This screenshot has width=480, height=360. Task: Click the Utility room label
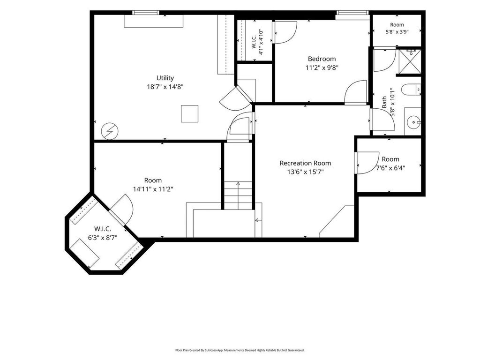coord(165,78)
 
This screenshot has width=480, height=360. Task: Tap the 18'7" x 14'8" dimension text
coord(165,87)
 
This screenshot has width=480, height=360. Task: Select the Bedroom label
coord(322,59)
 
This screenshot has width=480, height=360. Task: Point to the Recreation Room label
coord(305,163)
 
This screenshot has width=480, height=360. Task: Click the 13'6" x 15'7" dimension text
coord(305,172)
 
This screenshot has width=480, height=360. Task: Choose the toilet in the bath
coord(411,90)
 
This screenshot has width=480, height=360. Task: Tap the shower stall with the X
coord(410,61)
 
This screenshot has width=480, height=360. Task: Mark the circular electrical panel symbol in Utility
coord(110,131)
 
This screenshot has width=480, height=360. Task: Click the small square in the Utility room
coord(189,114)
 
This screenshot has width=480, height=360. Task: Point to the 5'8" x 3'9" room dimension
coord(397,31)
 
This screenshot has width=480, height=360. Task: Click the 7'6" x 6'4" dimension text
coord(390,168)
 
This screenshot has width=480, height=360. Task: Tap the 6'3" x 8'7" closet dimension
coord(103,238)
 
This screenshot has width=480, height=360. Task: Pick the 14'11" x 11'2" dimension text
coord(153,189)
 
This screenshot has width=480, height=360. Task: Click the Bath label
coord(384,102)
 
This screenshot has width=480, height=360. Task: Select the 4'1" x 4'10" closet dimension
coord(261,42)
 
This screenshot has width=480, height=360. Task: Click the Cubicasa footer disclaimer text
coord(240,350)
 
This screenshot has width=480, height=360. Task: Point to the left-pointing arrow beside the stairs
coord(258,220)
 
